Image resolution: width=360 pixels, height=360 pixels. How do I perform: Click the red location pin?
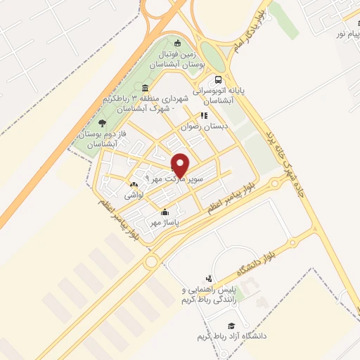coord(181,165)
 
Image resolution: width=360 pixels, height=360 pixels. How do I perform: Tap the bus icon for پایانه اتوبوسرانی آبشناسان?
coord(219,80)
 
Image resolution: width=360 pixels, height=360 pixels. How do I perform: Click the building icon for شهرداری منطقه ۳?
coord(145,88)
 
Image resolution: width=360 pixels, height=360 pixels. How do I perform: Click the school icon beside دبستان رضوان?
coord(204,116)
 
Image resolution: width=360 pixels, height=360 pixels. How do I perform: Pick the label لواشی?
coord(134,195)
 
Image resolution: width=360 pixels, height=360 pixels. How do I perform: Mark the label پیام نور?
coord(344,32)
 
